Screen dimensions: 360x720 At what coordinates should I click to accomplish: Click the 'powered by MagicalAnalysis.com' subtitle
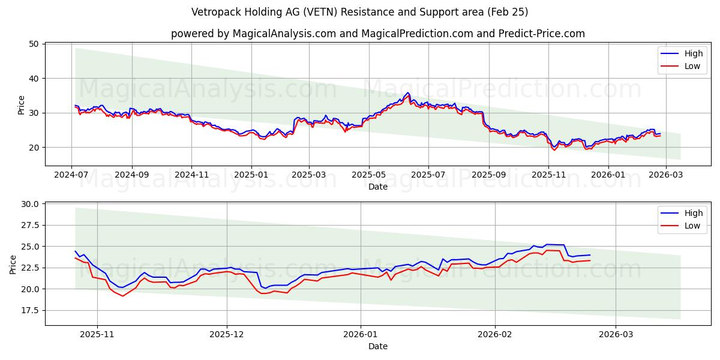[x=377, y=34]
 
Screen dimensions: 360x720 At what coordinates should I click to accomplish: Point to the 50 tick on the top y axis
[x=33, y=44]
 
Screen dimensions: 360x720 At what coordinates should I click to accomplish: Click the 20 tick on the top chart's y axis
[x=33, y=148]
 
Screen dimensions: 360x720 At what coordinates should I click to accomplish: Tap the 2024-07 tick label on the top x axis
[x=71, y=175]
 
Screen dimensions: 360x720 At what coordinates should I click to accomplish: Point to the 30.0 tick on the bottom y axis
[x=29, y=204]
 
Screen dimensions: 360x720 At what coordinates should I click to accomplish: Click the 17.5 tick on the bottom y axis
[x=29, y=310]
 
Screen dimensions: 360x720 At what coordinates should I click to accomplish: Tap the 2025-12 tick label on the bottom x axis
[x=227, y=334]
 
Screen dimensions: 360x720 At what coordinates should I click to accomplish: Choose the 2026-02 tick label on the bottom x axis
[x=496, y=334]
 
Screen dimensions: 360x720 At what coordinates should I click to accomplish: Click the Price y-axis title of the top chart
[x=22, y=105]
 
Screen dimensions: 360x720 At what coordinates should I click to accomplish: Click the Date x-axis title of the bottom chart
[x=377, y=346]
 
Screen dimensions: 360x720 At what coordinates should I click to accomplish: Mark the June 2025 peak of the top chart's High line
[x=408, y=92]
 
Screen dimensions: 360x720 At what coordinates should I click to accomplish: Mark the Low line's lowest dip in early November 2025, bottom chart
[x=122, y=296]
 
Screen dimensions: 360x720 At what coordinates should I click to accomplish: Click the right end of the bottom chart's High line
[x=590, y=255]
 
